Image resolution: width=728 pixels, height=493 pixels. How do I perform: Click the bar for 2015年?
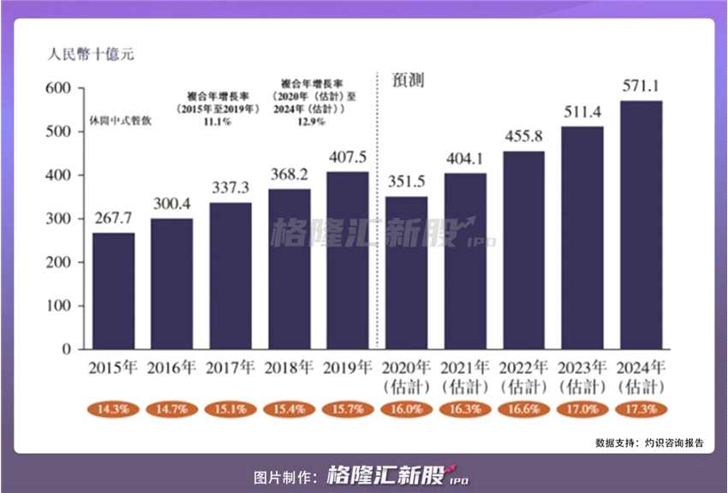point(114,291)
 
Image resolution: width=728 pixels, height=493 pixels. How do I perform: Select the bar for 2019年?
point(348,261)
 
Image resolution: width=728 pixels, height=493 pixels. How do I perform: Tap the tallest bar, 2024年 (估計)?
point(641,225)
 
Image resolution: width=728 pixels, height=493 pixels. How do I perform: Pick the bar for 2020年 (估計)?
point(407,273)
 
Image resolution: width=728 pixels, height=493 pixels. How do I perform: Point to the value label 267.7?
point(114,217)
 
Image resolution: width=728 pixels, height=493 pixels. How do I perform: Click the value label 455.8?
point(523,137)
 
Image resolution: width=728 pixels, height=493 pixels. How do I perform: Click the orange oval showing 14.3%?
point(114,409)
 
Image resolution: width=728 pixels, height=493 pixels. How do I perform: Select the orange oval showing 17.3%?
point(641,409)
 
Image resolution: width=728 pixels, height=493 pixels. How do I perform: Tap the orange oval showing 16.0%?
point(407,409)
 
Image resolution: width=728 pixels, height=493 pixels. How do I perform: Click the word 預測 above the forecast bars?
point(409,80)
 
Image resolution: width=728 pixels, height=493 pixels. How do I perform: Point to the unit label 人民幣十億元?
point(91,53)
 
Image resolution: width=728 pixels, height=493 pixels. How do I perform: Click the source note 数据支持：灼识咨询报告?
point(649,443)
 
